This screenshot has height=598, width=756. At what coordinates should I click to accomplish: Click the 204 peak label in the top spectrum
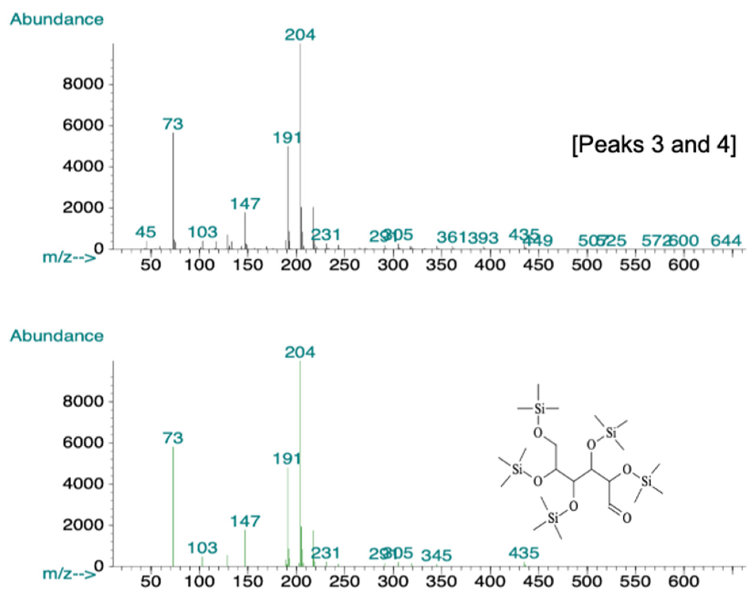(x=300, y=35)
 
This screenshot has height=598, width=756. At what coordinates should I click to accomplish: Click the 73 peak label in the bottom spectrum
(x=173, y=438)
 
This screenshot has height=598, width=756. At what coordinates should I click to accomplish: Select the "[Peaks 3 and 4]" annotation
(x=653, y=145)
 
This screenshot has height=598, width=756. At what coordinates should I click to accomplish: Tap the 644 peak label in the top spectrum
(x=726, y=241)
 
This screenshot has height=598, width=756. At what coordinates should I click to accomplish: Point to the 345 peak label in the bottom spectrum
(x=436, y=555)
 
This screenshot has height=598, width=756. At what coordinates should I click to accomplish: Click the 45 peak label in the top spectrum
(x=146, y=232)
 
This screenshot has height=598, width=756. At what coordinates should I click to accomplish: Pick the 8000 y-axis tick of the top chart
(x=83, y=84)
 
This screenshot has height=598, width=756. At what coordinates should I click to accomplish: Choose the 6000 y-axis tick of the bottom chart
(x=83, y=443)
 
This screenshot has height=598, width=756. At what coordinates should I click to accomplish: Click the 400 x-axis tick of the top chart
(x=490, y=265)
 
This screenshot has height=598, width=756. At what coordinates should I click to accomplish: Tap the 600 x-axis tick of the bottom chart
(x=684, y=582)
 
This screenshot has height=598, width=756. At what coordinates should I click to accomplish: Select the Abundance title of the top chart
(x=57, y=19)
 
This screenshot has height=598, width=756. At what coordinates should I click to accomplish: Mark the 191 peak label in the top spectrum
(x=287, y=138)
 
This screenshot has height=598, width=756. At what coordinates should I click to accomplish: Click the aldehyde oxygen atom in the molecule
(x=627, y=518)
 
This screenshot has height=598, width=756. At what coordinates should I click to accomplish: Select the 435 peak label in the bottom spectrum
(x=523, y=553)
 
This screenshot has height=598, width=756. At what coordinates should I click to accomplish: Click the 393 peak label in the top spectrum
(x=483, y=239)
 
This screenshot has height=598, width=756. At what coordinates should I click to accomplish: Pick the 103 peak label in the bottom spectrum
(x=202, y=548)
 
